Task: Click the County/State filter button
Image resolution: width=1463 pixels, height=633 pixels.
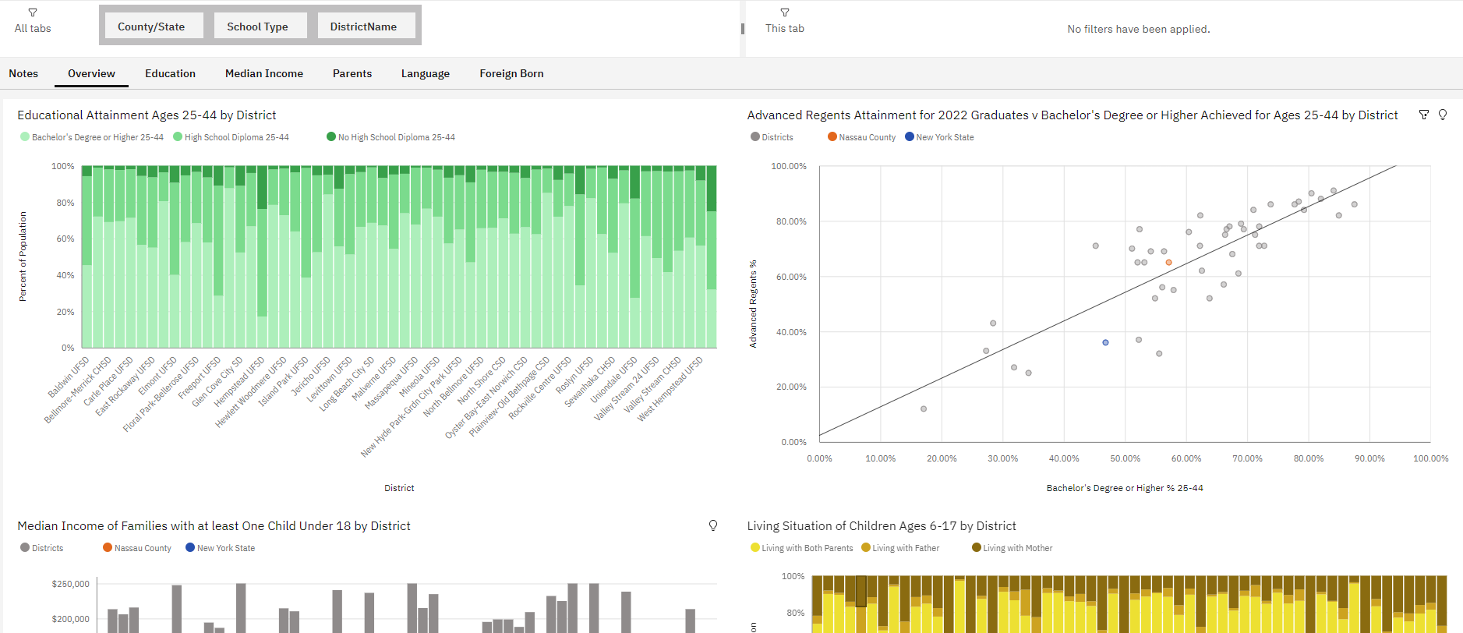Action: click(x=151, y=26)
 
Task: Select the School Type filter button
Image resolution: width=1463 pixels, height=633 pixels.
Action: click(x=257, y=26)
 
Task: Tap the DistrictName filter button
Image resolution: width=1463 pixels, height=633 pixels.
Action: click(x=363, y=26)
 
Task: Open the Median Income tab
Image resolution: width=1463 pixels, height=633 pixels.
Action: click(x=264, y=73)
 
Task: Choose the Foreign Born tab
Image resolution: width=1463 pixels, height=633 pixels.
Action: click(x=511, y=73)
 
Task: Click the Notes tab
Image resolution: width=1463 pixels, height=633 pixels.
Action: click(x=23, y=73)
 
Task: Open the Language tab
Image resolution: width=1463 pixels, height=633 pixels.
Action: click(x=426, y=73)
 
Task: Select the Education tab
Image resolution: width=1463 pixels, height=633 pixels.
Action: click(x=170, y=73)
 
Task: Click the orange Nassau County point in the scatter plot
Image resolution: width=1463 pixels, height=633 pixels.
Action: click(x=1168, y=262)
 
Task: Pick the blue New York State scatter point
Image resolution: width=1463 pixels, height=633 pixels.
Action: click(x=1105, y=342)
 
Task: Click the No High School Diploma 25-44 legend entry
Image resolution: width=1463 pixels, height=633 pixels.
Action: click(x=390, y=137)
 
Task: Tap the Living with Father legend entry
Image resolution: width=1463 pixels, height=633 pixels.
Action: click(x=900, y=548)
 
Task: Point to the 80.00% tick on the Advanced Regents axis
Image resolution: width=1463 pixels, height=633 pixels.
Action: click(x=791, y=221)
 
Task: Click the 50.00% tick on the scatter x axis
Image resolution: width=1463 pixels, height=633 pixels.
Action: click(x=1125, y=458)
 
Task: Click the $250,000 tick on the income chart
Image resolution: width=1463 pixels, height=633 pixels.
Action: click(x=70, y=584)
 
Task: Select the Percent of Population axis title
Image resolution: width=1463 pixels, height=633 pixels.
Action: click(x=23, y=256)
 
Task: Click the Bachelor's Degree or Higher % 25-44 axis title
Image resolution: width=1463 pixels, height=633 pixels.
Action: click(x=1125, y=488)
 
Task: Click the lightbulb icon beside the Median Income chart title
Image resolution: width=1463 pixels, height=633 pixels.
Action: click(x=712, y=525)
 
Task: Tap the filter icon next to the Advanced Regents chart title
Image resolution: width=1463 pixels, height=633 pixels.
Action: click(x=1423, y=115)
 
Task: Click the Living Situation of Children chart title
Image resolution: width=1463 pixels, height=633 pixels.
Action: click(x=882, y=526)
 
